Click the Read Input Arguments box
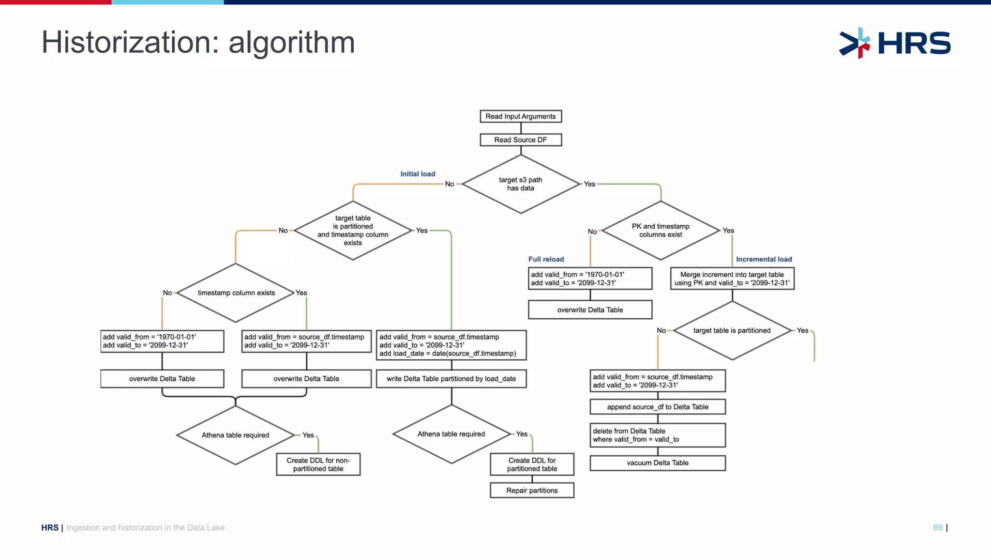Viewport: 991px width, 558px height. [521, 116]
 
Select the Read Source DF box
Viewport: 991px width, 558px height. [521, 140]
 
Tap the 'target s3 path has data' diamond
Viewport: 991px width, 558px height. [521, 184]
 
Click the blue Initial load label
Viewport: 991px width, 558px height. [418, 174]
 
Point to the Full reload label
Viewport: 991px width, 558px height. [546, 259]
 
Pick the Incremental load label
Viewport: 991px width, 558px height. [764, 259]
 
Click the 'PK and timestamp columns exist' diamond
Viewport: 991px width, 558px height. [661, 231]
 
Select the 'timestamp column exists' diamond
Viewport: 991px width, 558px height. [236, 293]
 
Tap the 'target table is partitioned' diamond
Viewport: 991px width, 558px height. [732, 330]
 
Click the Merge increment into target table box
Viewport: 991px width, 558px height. [732, 279]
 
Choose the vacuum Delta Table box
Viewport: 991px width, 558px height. [658, 463]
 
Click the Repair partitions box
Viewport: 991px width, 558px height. [532, 491]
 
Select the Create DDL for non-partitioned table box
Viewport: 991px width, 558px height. [318, 465]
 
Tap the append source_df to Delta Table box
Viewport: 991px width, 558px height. [658, 407]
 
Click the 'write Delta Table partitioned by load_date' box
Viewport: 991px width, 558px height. [451, 379]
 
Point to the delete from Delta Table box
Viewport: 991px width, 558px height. [658, 435]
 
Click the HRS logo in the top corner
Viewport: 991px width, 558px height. [895, 43]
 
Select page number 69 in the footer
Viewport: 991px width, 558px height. [937, 527]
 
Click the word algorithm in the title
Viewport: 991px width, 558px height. [291, 43]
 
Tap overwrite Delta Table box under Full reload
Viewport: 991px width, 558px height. [590, 310]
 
